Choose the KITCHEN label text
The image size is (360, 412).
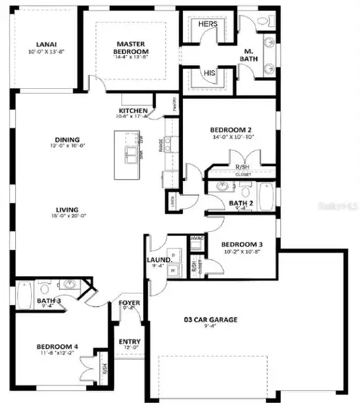[133, 111]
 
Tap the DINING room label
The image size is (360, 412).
[65, 138]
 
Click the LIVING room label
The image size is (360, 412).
[67, 210]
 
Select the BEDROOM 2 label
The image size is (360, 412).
[230, 128]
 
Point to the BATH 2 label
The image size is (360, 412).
[241, 203]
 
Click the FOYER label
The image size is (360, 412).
[128, 303]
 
